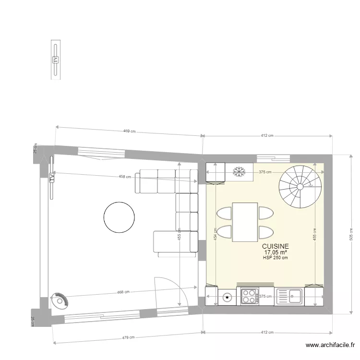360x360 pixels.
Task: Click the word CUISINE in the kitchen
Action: click(276, 246)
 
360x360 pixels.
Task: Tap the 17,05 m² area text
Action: click(276, 252)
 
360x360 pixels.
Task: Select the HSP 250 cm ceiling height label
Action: click(276, 258)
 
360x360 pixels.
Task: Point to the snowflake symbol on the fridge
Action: click(239, 171)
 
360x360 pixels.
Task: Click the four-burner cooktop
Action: click(250, 296)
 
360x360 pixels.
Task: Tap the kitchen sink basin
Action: click(294, 296)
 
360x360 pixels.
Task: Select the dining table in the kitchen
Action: click(245, 222)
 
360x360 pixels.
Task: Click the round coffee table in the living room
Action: click(119, 217)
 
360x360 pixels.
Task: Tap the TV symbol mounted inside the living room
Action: click(51, 178)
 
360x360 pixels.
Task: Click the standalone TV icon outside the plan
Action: click(56, 60)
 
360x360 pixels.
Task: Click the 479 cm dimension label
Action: click(128, 337)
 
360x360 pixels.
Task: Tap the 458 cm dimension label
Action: click(125, 177)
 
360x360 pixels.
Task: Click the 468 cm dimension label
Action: click(123, 291)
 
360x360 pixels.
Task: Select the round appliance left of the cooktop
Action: click(227, 298)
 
